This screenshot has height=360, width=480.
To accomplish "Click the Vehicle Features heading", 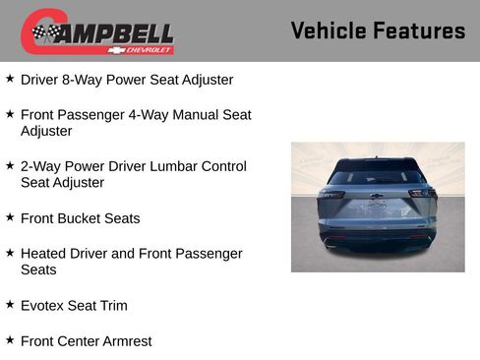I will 378,30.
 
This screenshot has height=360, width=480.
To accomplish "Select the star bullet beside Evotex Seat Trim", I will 10,305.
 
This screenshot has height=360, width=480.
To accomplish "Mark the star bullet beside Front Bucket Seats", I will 10,217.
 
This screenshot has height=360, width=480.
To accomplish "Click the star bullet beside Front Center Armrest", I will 10,340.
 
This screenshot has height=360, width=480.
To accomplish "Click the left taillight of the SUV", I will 332,195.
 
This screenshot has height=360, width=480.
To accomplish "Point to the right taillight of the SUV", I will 422,195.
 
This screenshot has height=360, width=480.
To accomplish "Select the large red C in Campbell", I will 35,31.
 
